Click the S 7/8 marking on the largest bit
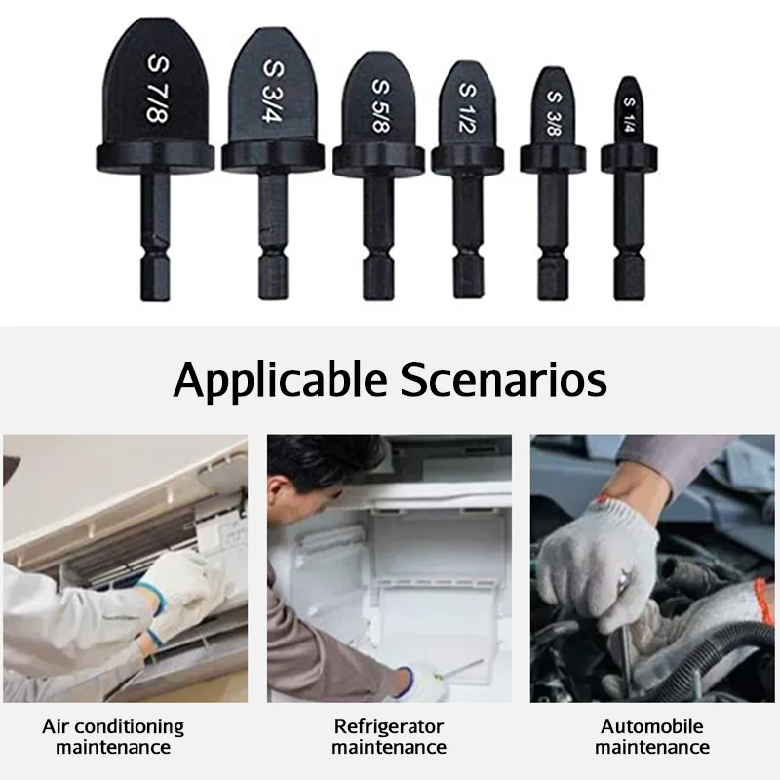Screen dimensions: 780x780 (158, 88)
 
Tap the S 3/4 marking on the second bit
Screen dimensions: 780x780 (273, 91)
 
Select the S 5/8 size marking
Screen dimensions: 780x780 (380, 106)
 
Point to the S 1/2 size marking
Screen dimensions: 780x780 (467, 108)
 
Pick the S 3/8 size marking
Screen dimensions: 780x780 (554, 113)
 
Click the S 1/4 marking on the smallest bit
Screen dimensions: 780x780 (629, 115)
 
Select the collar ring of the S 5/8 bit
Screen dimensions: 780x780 (378, 160)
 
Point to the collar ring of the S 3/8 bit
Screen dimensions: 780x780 (553, 158)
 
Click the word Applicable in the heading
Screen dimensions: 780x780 (280, 380)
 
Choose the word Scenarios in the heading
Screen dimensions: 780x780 (503, 379)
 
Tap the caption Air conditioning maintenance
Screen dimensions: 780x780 (113, 736)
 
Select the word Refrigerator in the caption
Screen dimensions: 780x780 (388, 726)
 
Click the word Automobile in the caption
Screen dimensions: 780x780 (651, 726)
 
